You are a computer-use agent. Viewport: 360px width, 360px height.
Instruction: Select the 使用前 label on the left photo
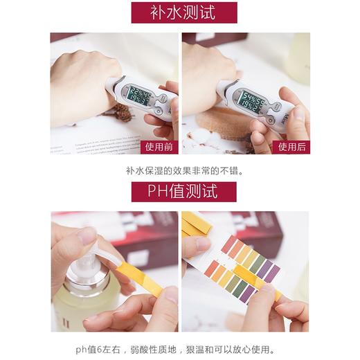160,146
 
